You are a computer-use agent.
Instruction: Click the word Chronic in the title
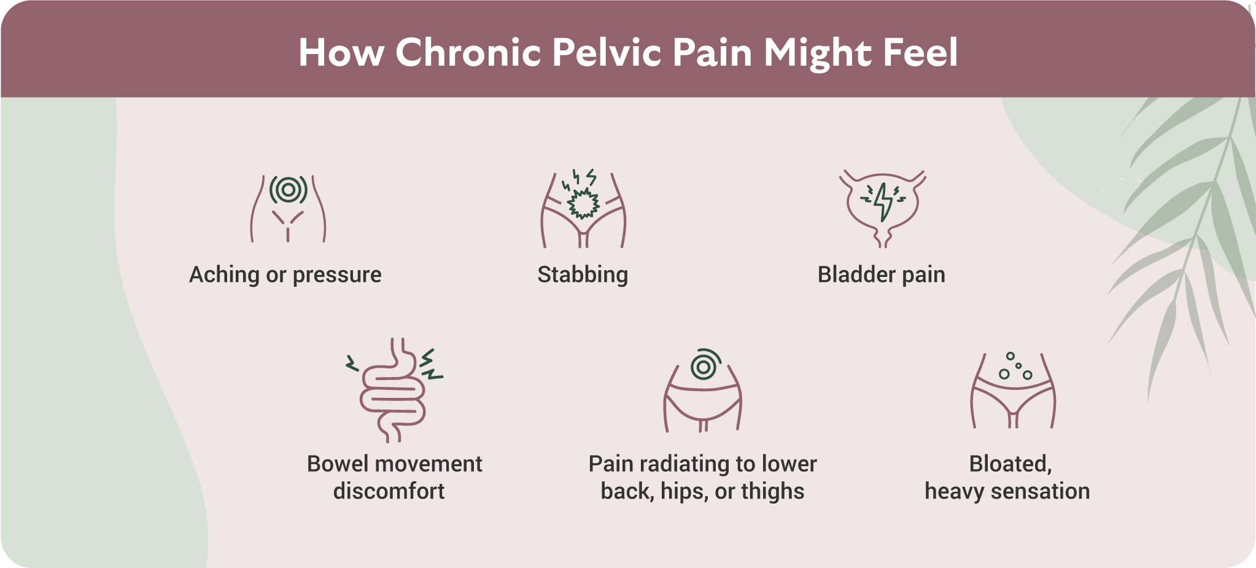468,52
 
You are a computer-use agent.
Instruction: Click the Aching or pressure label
285,275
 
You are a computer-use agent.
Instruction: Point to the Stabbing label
583,275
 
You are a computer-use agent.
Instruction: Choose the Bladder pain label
881,274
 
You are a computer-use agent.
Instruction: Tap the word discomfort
389,491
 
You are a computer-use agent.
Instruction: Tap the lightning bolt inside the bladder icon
884,201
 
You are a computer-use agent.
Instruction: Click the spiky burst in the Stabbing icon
583,203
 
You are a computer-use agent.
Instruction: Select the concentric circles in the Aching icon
289,190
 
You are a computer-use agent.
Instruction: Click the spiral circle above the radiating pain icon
704,366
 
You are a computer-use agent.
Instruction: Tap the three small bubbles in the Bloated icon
1015,367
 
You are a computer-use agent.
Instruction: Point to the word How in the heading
341,52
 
